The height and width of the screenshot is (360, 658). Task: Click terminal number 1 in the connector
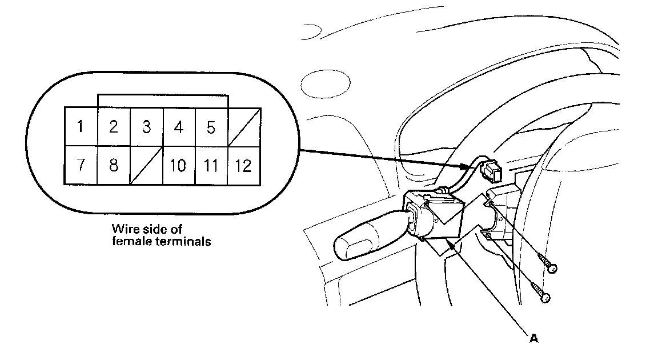pyautogui.click(x=81, y=126)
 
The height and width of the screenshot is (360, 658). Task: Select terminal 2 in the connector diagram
pyautogui.click(x=114, y=126)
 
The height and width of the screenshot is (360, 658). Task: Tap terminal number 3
pyautogui.click(x=146, y=126)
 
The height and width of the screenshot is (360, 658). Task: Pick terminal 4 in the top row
pyautogui.click(x=179, y=126)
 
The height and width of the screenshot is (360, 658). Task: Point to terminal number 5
pyautogui.click(x=211, y=126)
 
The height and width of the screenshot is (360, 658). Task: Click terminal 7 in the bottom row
pyautogui.click(x=81, y=165)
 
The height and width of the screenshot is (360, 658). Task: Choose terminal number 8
pyautogui.click(x=114, y=165)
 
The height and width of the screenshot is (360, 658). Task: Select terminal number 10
pyautogui.click(x=178, y=166)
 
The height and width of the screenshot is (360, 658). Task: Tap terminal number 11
pyautogui.click(x=211, y=166)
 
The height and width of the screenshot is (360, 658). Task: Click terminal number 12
pyautogui.click(x=244, y=166)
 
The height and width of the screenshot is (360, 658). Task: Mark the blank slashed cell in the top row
pyautogui.click(x=244, y=126)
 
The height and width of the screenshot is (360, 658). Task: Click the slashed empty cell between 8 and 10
pyautogui.click(x=146, y=166)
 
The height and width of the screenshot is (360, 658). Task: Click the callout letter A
pyautogui.click(x=534, y=338)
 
